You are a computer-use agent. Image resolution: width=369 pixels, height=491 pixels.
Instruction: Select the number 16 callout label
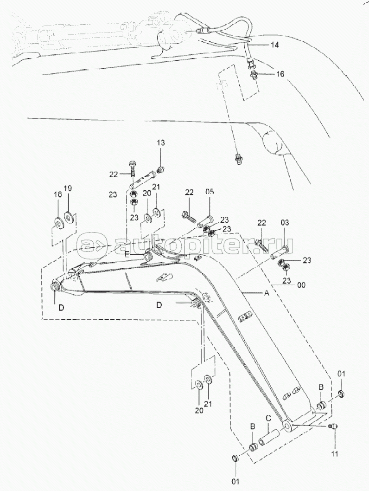click(281, 74)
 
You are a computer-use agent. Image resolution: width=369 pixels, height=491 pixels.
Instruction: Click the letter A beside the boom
click(267, 293)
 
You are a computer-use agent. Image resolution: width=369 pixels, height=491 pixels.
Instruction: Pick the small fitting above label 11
click(332, 426)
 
